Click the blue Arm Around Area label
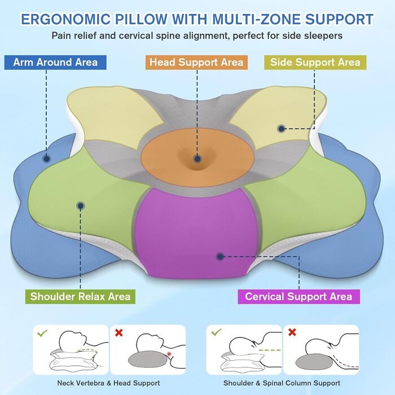click(55, 62)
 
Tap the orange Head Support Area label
click(196, 62)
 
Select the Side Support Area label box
click(315, 62)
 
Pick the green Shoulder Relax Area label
click(80, 296)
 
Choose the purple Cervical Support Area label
click(299, 296)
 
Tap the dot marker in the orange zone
click(197, 160)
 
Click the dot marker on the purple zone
click(220, 257)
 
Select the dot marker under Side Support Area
click(281, 129)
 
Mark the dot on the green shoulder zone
click(81, 206)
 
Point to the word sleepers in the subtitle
click(322, 36)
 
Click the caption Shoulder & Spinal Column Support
click(282, 383)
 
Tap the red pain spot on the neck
click(169, 354)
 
